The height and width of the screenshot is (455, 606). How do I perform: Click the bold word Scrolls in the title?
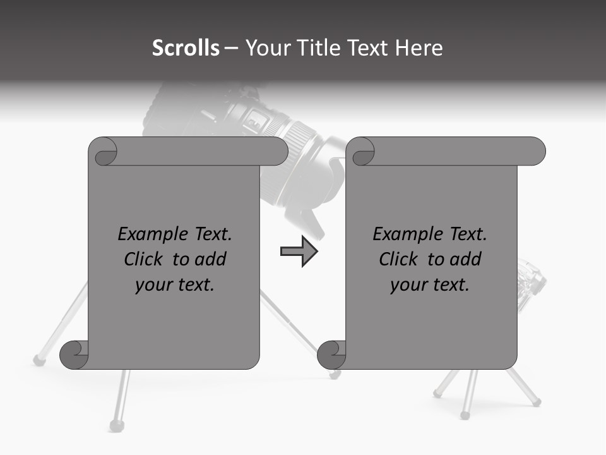(x=186, y=48)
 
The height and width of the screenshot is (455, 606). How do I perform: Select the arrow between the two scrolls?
(x=299, y=252)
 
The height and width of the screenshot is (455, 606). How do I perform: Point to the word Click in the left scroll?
(x=146, y=259)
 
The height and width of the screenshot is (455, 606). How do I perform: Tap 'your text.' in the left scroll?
(x=175, y=284)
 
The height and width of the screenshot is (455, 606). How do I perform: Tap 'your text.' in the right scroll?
(x=430, y=284)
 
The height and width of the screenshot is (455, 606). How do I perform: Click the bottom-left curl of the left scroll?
(x=74, y=354)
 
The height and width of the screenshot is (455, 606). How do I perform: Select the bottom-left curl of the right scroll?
(x=331, y=354)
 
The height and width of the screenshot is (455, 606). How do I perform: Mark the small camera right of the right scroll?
(x=531, y=282)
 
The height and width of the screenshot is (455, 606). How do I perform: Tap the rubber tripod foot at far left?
(x=39, y=360)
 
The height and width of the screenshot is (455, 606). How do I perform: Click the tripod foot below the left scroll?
(x=116, y=424)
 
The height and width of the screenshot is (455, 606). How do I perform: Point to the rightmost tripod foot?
(x=537, y=401)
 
